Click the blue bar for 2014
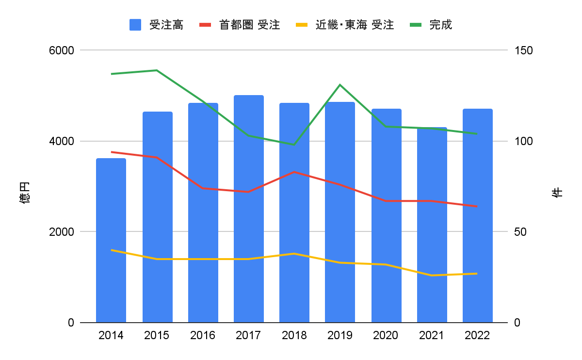[x=111, y=240]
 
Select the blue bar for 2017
[x=248, y=209]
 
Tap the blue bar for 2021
[x=432, y=225]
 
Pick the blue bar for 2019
[x=340, y=212]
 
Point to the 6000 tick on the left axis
[x=62, y=50]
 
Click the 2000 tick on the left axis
[x=62, y=232]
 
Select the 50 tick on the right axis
[x=520, y=232]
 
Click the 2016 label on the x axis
[x=203, y=335]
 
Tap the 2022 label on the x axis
[x=477, y=335]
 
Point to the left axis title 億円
[x=25, y=192]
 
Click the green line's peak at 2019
[x=340, y=85]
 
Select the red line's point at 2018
[x=294, y=172]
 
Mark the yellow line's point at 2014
[x=112, y=250]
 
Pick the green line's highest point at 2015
[x=157, y=70]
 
